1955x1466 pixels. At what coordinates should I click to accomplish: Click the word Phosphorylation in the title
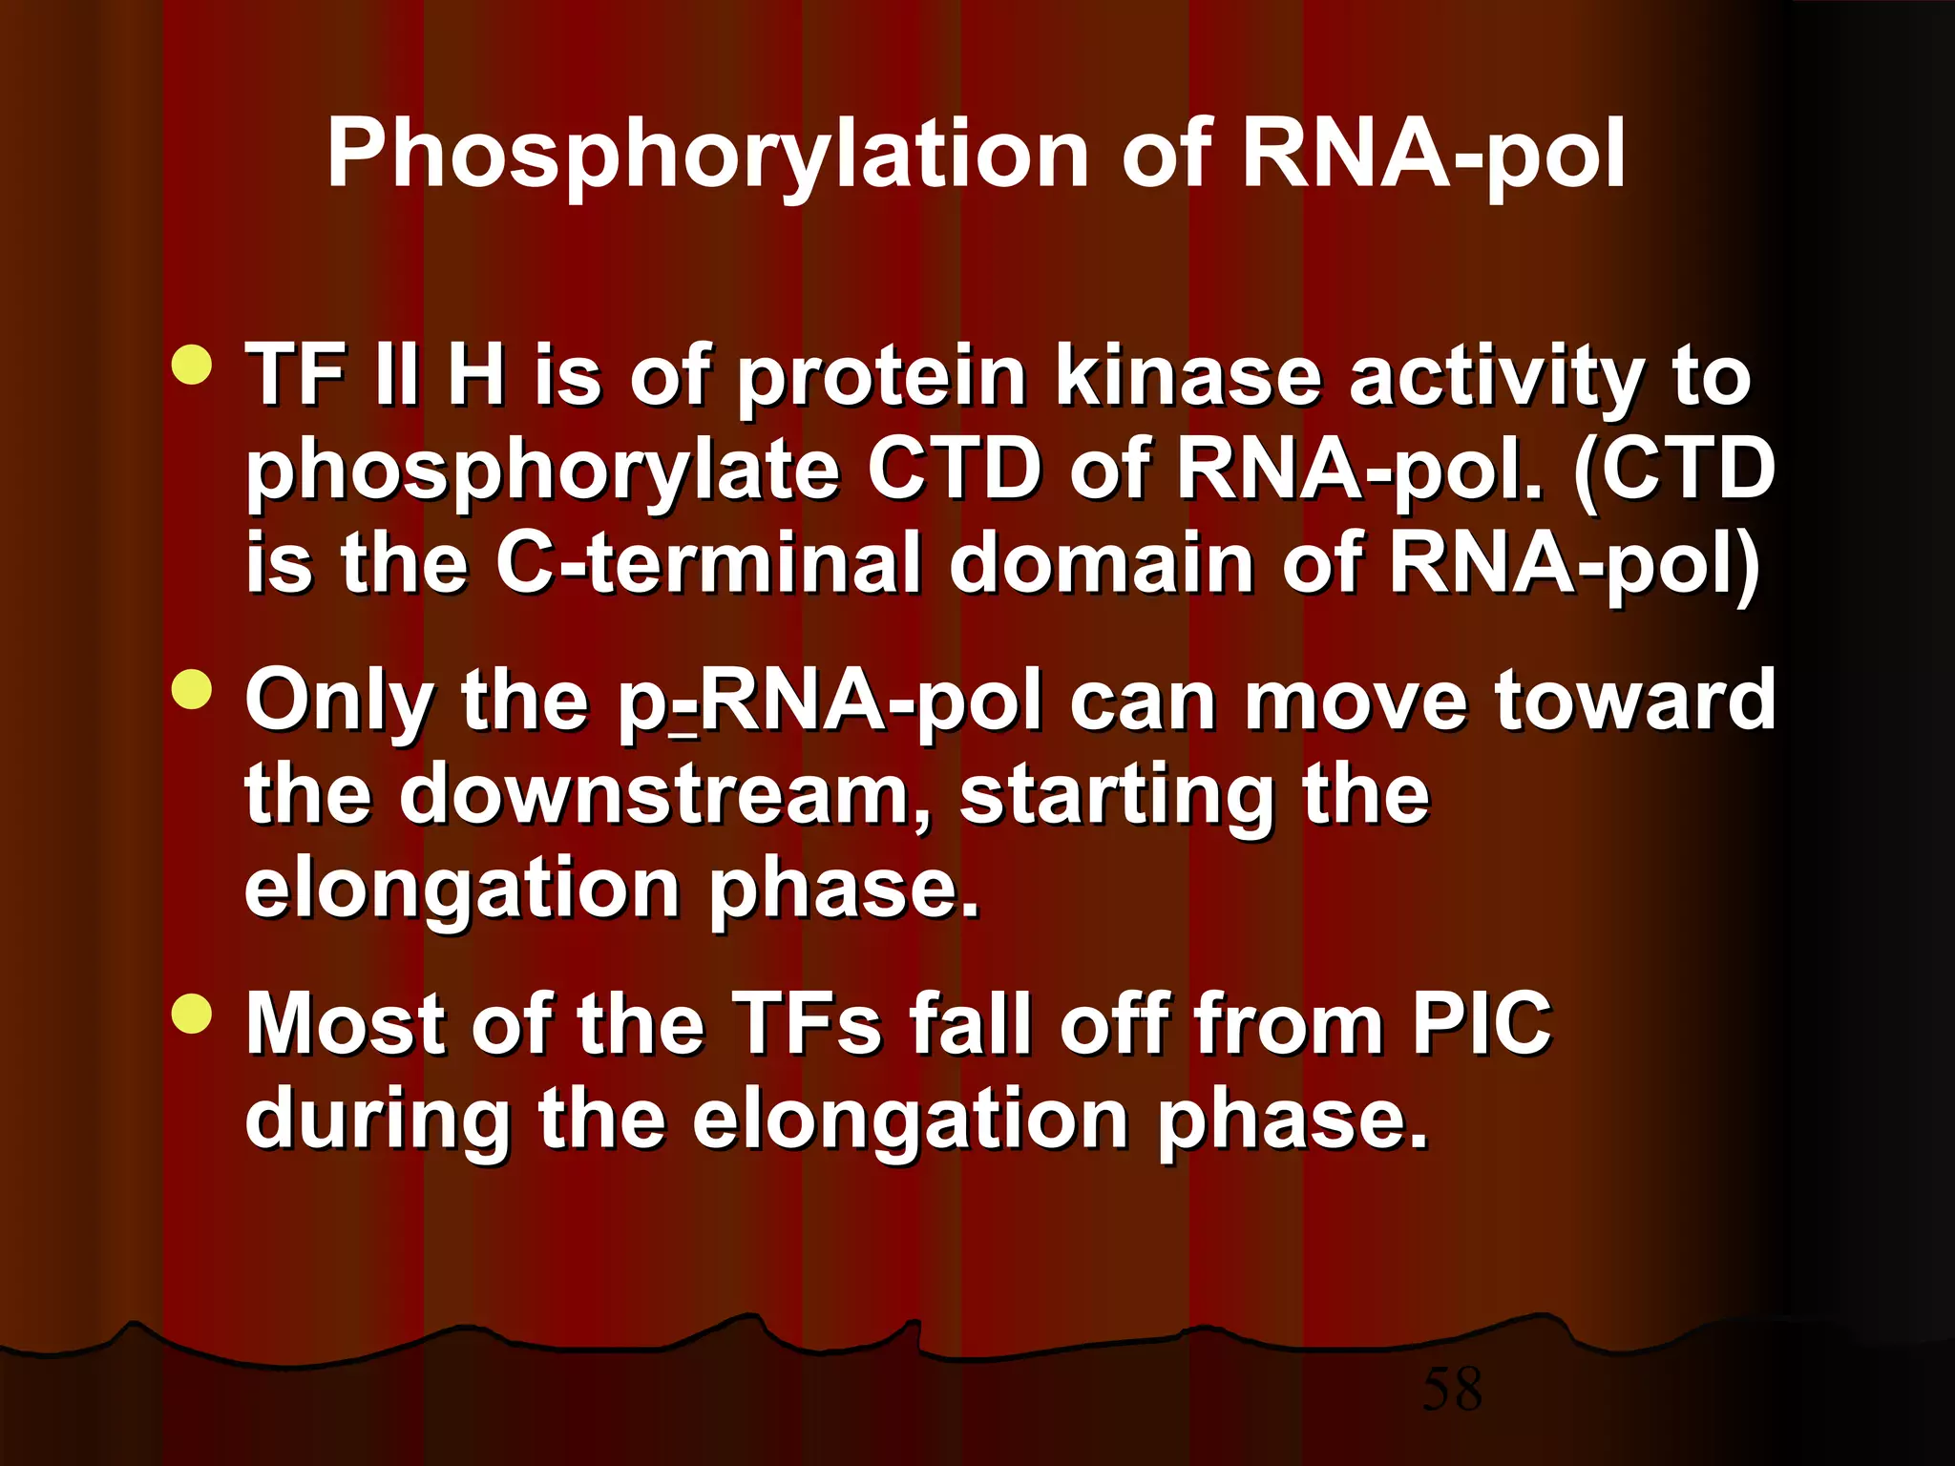[706, 156]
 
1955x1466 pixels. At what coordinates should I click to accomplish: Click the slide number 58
[1452, 1390]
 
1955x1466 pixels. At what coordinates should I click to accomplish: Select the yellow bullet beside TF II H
[193, 365]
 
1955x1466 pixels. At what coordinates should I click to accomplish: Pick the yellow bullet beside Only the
[193, 689]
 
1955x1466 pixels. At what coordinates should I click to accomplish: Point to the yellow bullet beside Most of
[193, 1013]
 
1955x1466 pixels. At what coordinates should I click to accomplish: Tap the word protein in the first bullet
[882, 380]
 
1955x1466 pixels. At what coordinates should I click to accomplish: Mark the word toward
[1634, 701]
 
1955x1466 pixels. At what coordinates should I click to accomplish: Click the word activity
[1497, 380]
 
